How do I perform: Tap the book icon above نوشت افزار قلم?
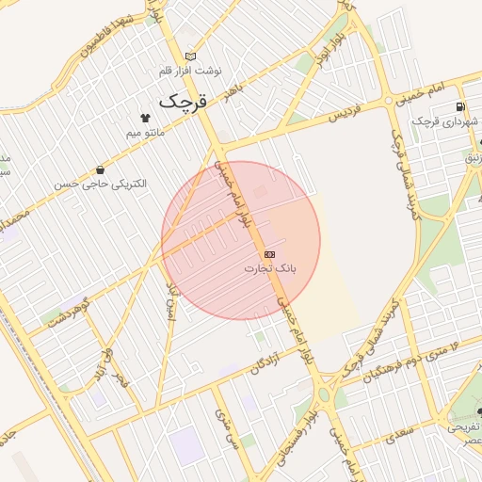point(192,56)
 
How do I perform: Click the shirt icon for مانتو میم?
point(146,118)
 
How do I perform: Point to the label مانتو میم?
point(145,134)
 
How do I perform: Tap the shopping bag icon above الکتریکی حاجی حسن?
point(100,169)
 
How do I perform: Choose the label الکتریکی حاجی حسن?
point(101,185)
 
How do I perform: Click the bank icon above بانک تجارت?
point(269,254)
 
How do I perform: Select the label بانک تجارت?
point(270,269)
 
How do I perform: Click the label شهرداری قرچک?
point(447,121)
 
